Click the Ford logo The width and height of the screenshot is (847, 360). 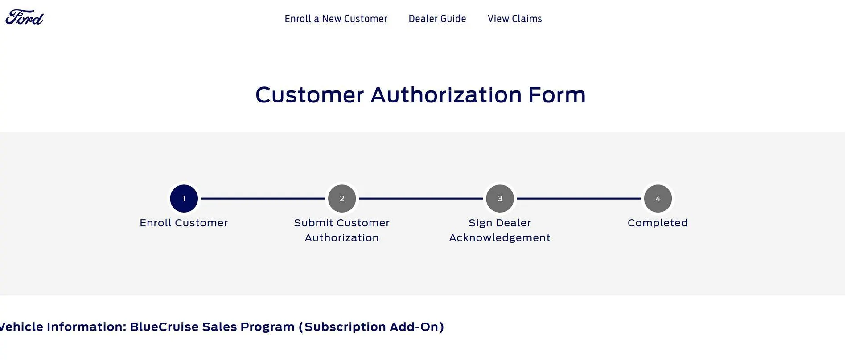25,17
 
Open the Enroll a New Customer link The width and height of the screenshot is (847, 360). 336,19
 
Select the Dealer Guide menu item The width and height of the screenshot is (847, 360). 437,19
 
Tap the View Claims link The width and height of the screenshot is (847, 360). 515,19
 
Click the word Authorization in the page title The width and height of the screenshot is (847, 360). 446,95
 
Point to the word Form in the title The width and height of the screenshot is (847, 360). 557,95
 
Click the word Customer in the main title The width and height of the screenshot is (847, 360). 310,95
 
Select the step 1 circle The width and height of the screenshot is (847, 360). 184,198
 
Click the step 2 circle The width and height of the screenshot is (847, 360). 342,198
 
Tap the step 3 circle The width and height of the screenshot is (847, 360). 500,198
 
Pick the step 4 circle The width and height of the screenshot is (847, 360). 658,198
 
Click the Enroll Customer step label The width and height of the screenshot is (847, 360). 184,223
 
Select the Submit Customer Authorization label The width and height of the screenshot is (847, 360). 342,230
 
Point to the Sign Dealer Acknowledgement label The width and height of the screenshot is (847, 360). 500,230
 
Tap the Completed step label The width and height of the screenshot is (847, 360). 658,223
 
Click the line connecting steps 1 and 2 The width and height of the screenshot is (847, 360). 263,198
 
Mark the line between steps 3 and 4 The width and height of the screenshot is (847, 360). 579,198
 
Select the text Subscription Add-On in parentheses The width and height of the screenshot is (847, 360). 371,327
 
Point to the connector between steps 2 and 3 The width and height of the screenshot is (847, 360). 421,198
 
